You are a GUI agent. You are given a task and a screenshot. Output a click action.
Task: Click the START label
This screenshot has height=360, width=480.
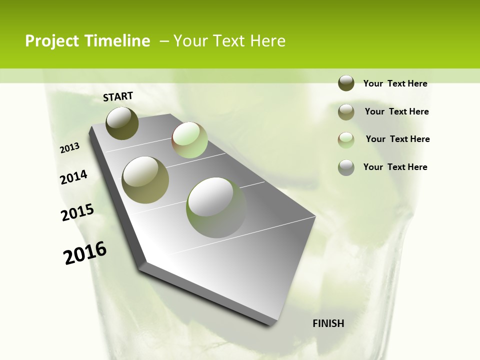(x=118, y=96)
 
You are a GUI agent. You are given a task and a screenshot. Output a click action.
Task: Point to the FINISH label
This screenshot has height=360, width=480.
(x=328, y=323)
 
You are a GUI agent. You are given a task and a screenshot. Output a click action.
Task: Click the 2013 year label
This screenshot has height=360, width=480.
(x=70, y=148)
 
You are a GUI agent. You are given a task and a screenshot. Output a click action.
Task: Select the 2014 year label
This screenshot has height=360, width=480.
(x=73, y=177)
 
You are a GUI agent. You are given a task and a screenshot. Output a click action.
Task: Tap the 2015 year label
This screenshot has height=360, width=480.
(x=77, y=212)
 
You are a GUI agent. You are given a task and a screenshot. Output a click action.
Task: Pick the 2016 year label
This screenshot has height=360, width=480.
(x=85, y=253)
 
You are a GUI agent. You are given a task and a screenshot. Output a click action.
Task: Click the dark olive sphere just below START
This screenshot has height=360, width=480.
(x=122, y=123)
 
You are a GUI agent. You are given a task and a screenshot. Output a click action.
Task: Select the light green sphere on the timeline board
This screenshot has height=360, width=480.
(x=189, y=140)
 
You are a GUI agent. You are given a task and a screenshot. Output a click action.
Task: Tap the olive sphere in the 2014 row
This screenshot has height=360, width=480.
(x=145, y=179)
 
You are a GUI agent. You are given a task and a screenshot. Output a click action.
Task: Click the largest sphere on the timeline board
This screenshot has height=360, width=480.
(x=216, y=207)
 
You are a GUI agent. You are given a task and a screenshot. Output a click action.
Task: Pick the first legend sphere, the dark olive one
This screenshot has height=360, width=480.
(x=346, y=83)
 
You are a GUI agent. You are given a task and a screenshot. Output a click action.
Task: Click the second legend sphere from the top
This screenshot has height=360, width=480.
(x=346, y=112)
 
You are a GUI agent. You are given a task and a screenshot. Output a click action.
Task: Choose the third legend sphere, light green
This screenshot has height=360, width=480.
(x=346, y=140)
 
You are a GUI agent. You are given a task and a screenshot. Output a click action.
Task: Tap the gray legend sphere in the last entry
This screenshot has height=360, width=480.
(x=346, y=167)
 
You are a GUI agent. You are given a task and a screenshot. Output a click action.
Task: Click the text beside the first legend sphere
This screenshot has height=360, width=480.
(x=395, y=83)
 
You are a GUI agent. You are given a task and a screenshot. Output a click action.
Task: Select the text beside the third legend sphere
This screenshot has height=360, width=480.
(x=398, y=139)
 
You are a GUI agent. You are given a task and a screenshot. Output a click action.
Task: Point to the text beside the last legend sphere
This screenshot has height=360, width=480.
(x=395, y=167)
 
